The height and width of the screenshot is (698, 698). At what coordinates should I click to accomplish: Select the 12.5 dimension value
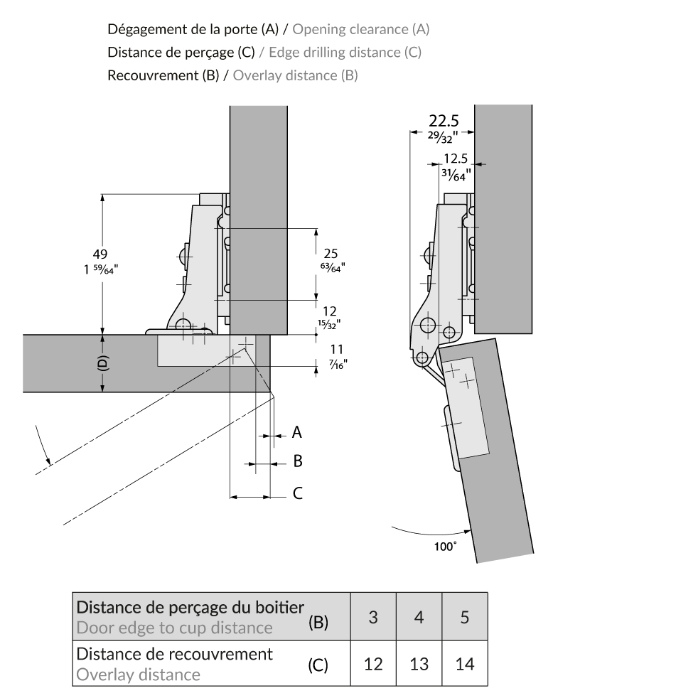[454, 160]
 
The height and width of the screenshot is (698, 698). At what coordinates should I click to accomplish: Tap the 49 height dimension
[100, 254]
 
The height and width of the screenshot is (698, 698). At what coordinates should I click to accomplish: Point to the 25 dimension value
[330, 253]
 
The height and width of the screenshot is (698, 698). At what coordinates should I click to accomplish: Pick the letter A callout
[297, 432]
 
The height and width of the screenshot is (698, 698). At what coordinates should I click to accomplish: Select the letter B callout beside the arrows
[298, 461]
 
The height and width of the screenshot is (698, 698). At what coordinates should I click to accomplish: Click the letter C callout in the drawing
[298, 492]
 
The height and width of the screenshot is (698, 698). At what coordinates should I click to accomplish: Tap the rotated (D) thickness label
[102, 363]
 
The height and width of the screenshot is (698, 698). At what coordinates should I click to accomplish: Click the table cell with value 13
[419, 665]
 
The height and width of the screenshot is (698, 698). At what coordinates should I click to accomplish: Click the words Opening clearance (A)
[361, 30]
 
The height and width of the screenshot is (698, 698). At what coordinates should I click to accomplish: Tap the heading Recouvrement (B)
[163, 75]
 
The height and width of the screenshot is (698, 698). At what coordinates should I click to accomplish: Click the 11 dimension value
[328, 349]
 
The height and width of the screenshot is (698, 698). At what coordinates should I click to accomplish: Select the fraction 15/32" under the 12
[328, 323]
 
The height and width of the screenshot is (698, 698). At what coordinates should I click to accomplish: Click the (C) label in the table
[318, 667]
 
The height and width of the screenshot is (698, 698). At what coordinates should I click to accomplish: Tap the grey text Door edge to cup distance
[174, 628]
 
